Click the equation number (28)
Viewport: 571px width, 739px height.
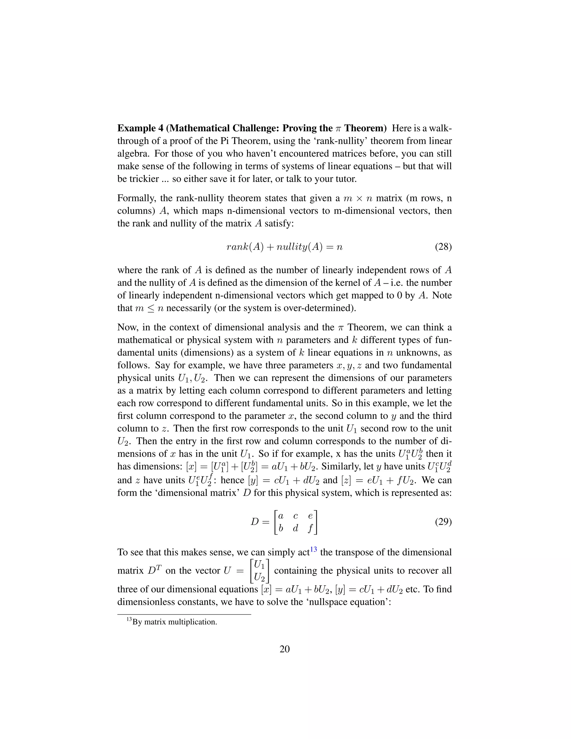point(443,247)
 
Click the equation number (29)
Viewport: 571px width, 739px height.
point(443,522)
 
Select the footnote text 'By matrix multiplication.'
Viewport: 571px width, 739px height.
point(175,622)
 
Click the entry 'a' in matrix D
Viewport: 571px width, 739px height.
point(280,516)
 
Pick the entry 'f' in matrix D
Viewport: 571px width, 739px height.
point(310,528)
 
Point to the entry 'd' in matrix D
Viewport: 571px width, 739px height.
point(295,528)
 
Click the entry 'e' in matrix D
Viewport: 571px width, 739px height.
point(310,516)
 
